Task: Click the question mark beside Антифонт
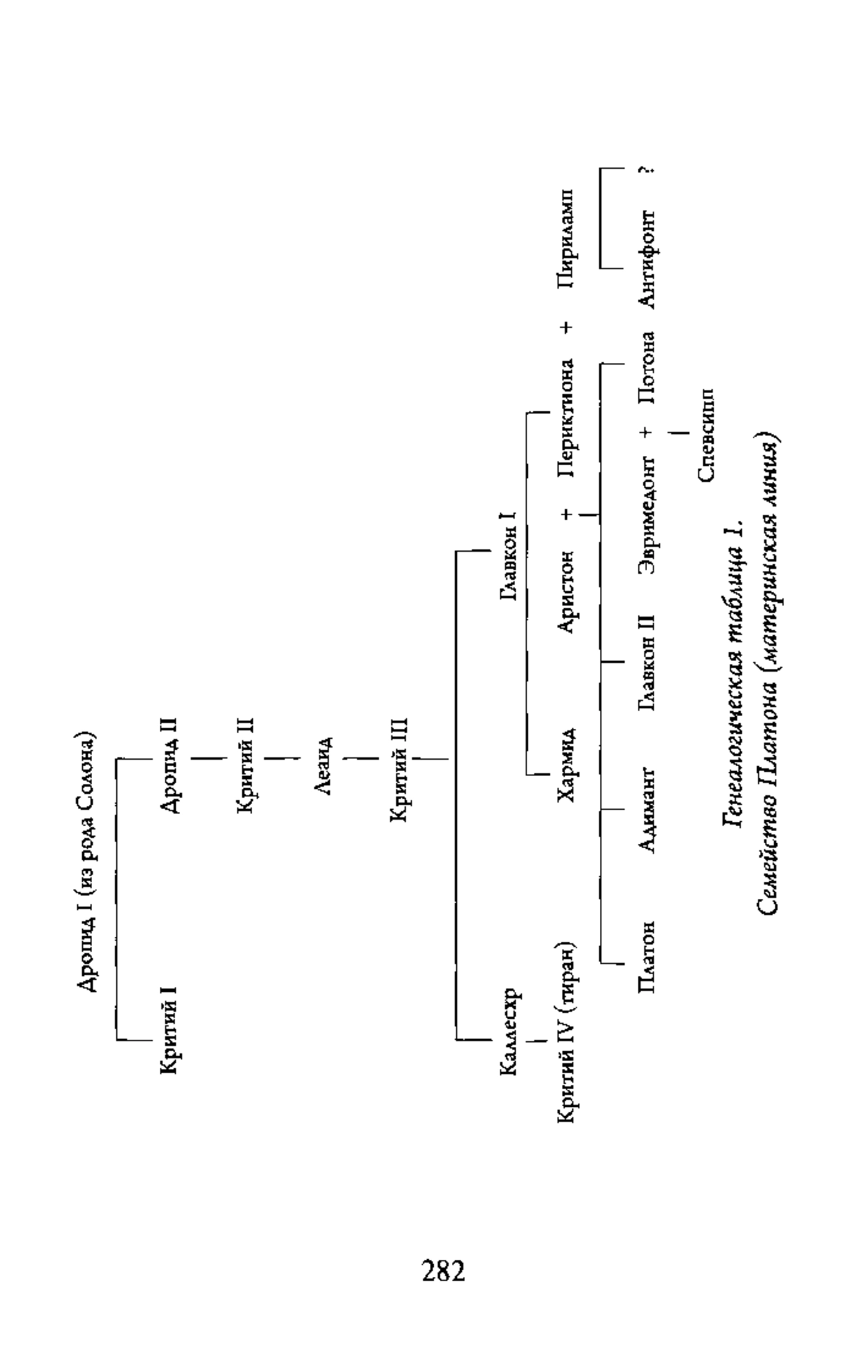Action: pyautogui.click(x=647, y=171)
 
